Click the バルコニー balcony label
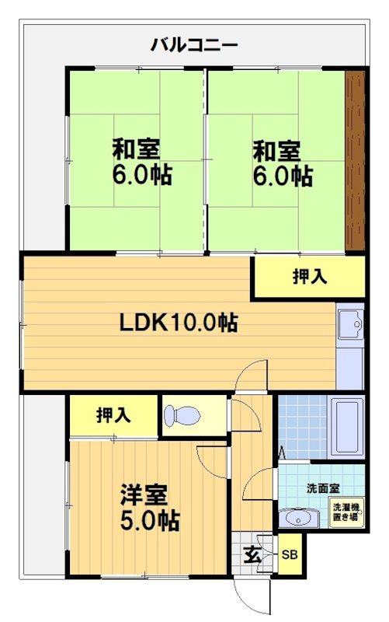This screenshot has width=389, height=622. point(193,44)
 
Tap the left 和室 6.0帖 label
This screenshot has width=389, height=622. point(141,161)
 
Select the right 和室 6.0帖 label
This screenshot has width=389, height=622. point(282,161)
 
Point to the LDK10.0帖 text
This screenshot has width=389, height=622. point(178,322)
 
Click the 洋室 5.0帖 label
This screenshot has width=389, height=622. point(149,507)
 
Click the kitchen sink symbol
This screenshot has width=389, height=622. point(351,322)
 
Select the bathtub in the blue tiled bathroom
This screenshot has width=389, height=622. point(346,428)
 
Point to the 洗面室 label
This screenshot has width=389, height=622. point(321,488)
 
